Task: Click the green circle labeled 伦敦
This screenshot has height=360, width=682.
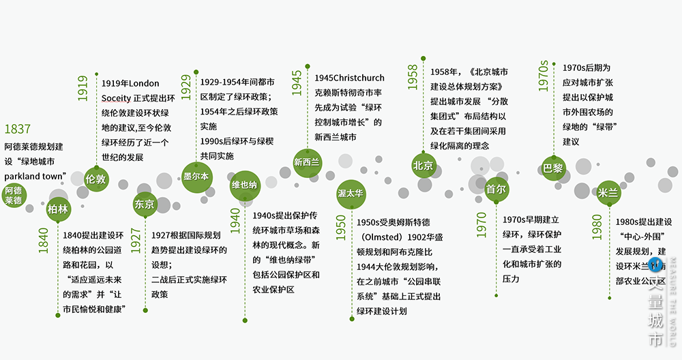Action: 95,179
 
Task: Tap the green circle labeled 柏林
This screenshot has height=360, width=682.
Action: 58,209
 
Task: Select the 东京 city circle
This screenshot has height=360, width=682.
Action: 145,204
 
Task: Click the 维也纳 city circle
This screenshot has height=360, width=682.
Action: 243,185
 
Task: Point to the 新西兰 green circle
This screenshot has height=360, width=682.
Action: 306,162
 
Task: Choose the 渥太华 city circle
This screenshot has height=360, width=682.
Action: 351,194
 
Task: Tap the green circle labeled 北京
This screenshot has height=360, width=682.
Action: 423,166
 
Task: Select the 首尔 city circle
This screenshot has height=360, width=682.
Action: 496,190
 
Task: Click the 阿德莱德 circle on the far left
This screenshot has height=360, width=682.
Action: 13,194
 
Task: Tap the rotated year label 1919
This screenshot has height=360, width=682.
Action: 83,88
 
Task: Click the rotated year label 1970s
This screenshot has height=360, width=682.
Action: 544,75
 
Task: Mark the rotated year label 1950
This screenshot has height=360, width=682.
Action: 340,228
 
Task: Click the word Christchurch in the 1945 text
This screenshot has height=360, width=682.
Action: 350,78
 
